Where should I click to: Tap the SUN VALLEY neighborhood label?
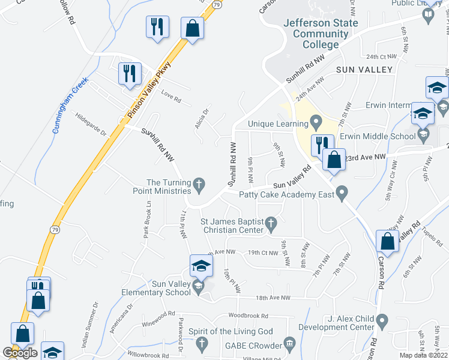[364, 70]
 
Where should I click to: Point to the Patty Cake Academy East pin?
[342, 193]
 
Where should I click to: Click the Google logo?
[20, 353]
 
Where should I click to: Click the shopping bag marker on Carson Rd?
[388, 242]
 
